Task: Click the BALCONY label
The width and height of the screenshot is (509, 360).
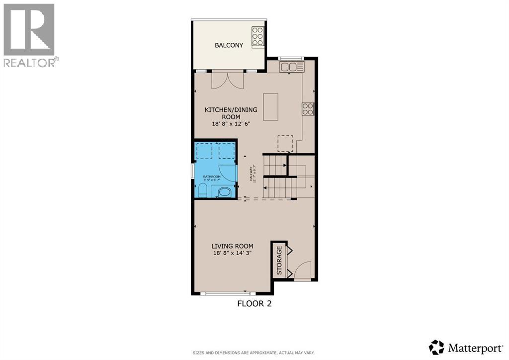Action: point(229,45)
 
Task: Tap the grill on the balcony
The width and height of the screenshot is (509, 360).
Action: point(257,36)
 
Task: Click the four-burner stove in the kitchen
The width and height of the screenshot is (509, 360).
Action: point(308,108)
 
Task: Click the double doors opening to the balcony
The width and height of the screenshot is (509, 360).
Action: point(228,80)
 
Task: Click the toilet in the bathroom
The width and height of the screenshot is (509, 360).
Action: point(203,190)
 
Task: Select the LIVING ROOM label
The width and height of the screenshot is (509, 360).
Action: point(232,246)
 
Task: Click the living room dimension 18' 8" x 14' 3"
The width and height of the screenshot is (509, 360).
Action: point(232,253)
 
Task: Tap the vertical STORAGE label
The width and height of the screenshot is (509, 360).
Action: point(279,261)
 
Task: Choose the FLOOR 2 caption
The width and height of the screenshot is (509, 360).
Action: point(254,303)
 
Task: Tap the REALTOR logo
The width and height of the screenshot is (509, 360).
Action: point(29,35)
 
